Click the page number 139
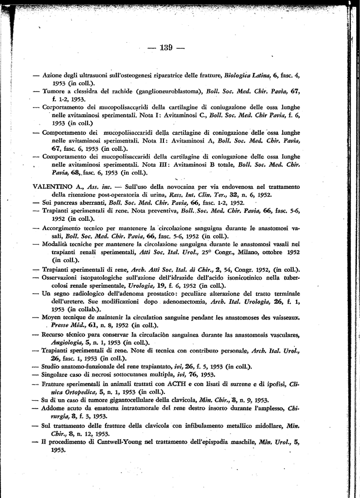coord(166,48)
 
